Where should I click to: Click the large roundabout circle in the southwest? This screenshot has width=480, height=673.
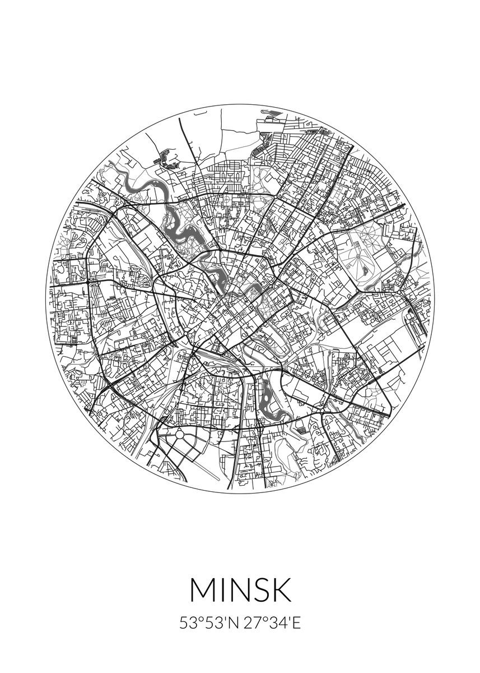pyautogui.click(x=179, y=435)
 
